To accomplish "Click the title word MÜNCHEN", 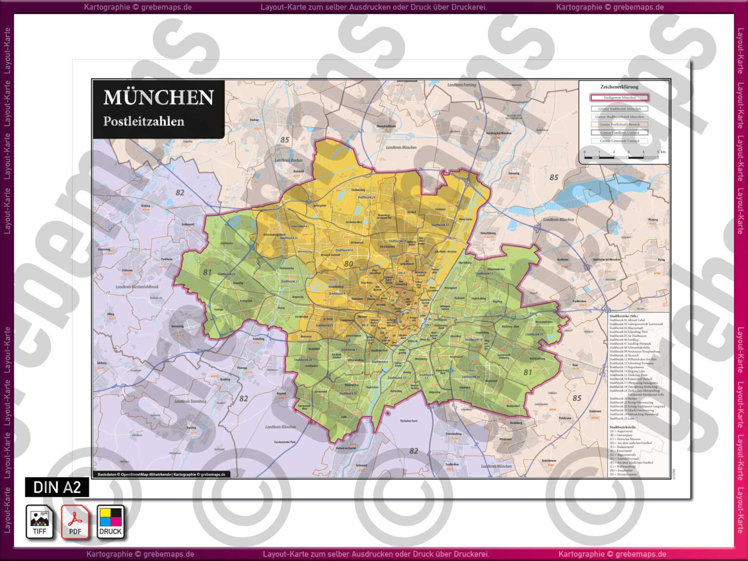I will click(x=159, y=98).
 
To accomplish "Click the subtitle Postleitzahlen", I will click(x=144, y=121).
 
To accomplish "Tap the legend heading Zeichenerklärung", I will click(x=619, y=87).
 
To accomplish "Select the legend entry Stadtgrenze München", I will click(x=619, y=98).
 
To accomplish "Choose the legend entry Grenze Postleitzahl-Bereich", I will click(x=619, y=125).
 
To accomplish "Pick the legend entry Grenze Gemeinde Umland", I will click(x=619, y=141).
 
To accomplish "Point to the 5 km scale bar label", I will click(x=661, y=152).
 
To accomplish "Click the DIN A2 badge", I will click(x=57, y=487).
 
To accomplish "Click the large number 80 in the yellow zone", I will click(x=349, y=264).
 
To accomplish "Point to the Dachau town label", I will click(x=254, y=120).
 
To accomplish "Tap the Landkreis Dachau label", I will click(x=288, y=160).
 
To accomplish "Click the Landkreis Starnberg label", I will click(x=190, y=401).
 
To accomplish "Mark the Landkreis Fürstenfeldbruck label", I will click(x=137, y=287).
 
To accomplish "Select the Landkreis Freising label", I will click(x=462, y=85).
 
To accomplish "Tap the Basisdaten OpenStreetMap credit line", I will click(x=161, y=474).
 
